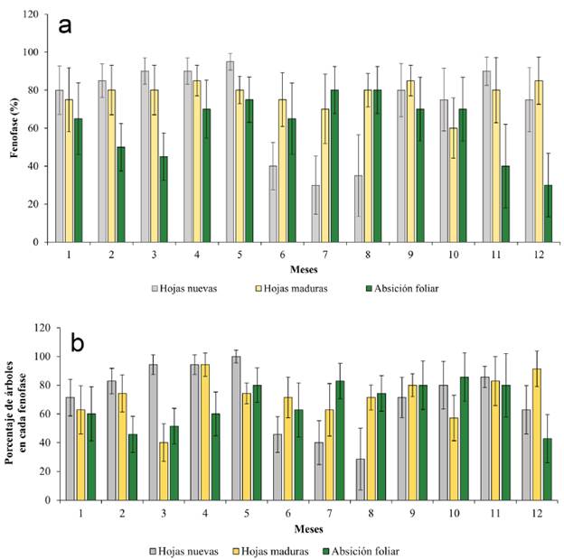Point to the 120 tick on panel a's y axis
39,14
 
